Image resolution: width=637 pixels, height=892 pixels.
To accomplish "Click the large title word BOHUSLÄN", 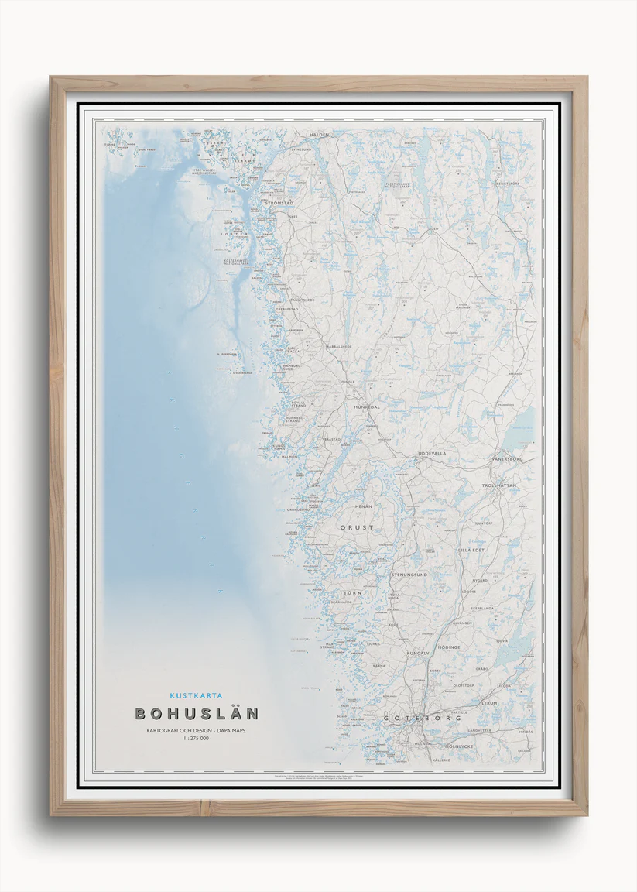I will pyautogui.click(x=197, y=713).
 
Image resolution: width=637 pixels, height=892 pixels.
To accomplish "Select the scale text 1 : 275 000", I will pyautogui.click(x=197, y=739).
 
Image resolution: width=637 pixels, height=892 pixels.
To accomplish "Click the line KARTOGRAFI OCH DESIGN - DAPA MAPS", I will pyautogui.click(x=197, y=730).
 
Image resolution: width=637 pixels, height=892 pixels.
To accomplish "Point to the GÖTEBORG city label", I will pyautogui.click(x=422, y=719).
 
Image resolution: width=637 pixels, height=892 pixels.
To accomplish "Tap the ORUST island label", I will pyautogui.click(x=357, y=527).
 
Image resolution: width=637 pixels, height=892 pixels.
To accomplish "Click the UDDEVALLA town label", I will pyautogui.click(x=431, y=453).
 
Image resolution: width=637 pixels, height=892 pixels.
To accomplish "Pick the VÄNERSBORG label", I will pyautogui.click(x=507, y=459).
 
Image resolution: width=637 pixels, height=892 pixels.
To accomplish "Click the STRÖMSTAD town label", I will pyautogui.click(x=279, y=203).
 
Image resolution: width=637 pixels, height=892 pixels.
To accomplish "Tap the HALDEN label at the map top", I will pyautogui.click(x=319, y=135).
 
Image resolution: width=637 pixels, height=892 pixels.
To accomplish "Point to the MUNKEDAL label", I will pyautogui.click(x=367, y=406).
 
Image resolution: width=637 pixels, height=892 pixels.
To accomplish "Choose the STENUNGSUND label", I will pyautogui.click(x=409, y=575).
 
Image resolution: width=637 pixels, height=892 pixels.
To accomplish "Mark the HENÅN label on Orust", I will pyautogui.click(x=363, y=506).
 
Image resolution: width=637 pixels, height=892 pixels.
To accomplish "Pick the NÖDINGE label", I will pyautogui.click(x=449, y=647).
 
